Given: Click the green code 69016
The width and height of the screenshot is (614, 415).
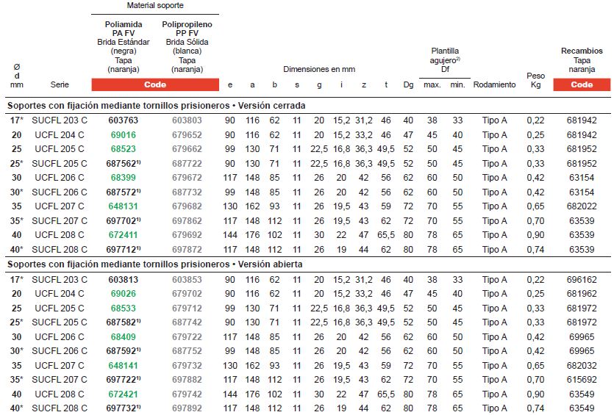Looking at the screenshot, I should click(123, 134).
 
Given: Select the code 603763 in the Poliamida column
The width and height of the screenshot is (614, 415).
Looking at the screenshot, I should click(123, 120).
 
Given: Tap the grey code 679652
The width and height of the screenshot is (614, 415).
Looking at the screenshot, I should click(187, 134).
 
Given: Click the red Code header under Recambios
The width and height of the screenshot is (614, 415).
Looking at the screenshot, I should click(582, 84).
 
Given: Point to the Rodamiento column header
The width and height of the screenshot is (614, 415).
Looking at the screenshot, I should click(494, 84).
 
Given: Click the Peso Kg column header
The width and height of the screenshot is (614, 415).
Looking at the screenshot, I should click(536, 80).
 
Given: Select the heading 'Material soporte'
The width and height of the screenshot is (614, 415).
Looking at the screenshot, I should click(155, 5).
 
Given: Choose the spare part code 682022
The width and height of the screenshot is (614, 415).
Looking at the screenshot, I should click(582, 206).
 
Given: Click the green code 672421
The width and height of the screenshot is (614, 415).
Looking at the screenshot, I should click(123, 394).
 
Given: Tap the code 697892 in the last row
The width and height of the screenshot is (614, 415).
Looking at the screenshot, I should click(187, 408).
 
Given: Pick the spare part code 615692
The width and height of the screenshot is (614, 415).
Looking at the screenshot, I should click(582, 379).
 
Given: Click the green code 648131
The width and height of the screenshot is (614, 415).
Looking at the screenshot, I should click(123, 206).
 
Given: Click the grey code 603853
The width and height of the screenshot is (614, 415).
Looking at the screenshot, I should click(187, 279).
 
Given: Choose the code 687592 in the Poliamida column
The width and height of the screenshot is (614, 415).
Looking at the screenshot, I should click(123, 350).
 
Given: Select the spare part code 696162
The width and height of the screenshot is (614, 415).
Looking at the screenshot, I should click(582, 279).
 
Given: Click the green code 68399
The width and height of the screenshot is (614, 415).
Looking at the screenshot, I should click(123, 178).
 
